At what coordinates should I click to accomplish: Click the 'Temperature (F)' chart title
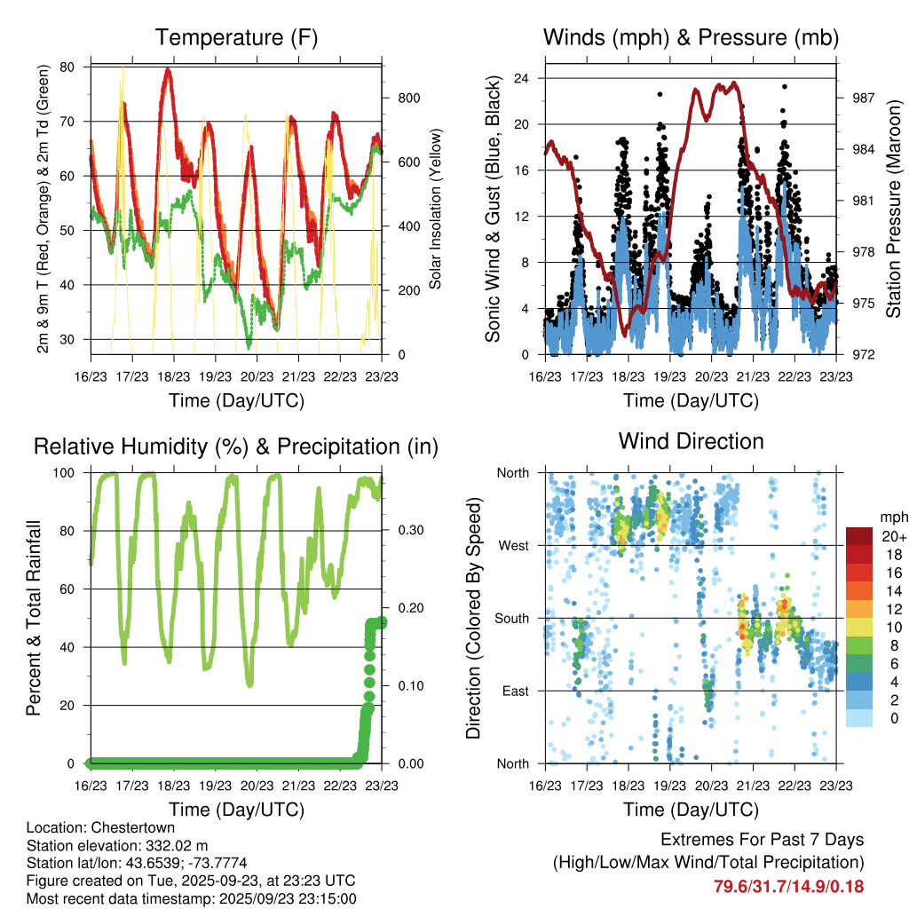point(236,38)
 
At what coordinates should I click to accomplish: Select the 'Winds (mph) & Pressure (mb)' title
point(691,38)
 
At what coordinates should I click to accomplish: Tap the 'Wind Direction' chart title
point(691,441)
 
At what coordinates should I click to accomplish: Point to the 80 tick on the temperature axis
point(68,67)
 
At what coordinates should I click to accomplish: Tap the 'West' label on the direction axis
point(512,545)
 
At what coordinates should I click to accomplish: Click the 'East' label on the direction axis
point(514,691)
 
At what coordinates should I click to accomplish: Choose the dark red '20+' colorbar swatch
point(859,536)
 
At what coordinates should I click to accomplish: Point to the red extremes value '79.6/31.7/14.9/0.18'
point(788,886)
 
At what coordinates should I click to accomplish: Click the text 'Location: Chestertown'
point(93,827)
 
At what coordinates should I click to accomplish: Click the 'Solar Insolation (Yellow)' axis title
point(436,209)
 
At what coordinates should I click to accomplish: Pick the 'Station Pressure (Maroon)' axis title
point(893,209)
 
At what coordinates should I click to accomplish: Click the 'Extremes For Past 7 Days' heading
point(762,840)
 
